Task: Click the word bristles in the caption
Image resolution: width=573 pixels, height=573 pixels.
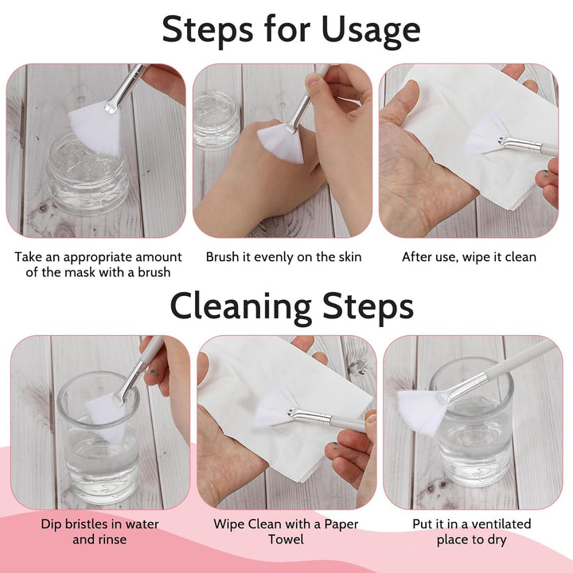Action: [x=89, y=524]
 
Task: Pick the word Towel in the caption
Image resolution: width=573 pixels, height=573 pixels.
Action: [x=286, y=540]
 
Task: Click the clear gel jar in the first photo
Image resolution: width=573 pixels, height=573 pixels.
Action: [x=87, y=174]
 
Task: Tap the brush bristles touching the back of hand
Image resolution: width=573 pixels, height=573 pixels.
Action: [x=282, y=143]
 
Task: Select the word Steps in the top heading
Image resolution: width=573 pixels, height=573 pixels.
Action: [x=207, y=30]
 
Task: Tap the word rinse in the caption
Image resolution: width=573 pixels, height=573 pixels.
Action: [x=111, y=540]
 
